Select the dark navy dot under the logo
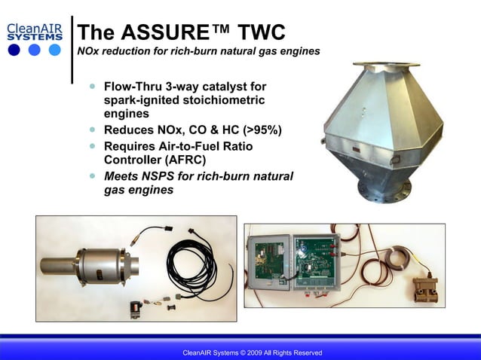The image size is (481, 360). (15, 50)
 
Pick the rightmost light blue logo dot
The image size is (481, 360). (54, 50)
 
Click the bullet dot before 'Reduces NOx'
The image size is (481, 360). (93, 130)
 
